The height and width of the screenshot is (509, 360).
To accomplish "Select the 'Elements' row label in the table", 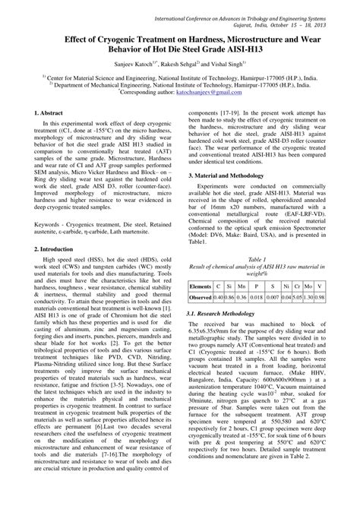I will tap(201, 286).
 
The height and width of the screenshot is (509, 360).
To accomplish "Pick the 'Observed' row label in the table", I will tap(201, 297).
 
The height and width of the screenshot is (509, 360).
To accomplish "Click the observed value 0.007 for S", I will tap(271, 297).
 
